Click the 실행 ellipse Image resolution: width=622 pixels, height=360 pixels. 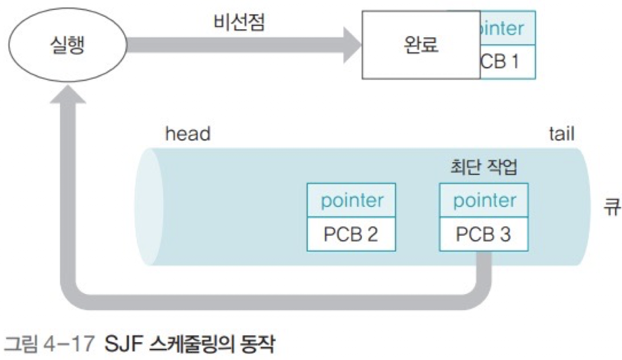[x=69, y=45]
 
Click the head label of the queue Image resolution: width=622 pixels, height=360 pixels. [x=188, y=134]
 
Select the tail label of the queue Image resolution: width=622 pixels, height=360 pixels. [x=561, y=133]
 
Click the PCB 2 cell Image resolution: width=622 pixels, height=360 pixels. [x=351, y=235]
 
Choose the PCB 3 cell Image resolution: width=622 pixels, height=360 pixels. [x=483, y=235]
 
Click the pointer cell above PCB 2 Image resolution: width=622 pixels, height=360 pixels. [x=351, y=200]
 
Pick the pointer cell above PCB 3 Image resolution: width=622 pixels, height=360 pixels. [x=483, y=200]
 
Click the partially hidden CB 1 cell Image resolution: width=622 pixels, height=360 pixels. [x=507, y=62]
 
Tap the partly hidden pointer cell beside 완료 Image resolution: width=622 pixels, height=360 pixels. [x=507, y=28]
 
